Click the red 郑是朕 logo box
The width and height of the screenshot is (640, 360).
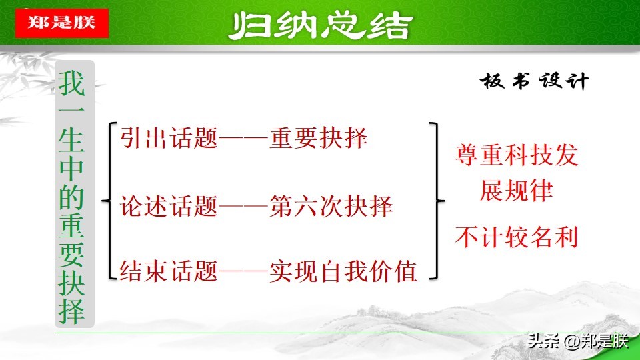(x=61, y=23)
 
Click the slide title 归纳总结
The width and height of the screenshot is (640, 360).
(x=319, y=26)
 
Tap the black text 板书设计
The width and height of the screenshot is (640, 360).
(x=534, y=82)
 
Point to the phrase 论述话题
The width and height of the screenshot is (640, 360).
(x=169, y=207)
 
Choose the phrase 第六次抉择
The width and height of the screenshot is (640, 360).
(x=331, y=207)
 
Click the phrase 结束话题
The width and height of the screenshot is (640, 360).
(x=169, y=271)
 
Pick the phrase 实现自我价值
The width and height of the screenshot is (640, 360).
(x=343, y=271)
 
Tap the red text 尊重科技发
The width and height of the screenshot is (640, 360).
(x=517, y=157)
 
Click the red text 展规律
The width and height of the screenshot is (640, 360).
(x=517, y=191)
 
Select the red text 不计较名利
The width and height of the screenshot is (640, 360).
(x=517, y=237)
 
